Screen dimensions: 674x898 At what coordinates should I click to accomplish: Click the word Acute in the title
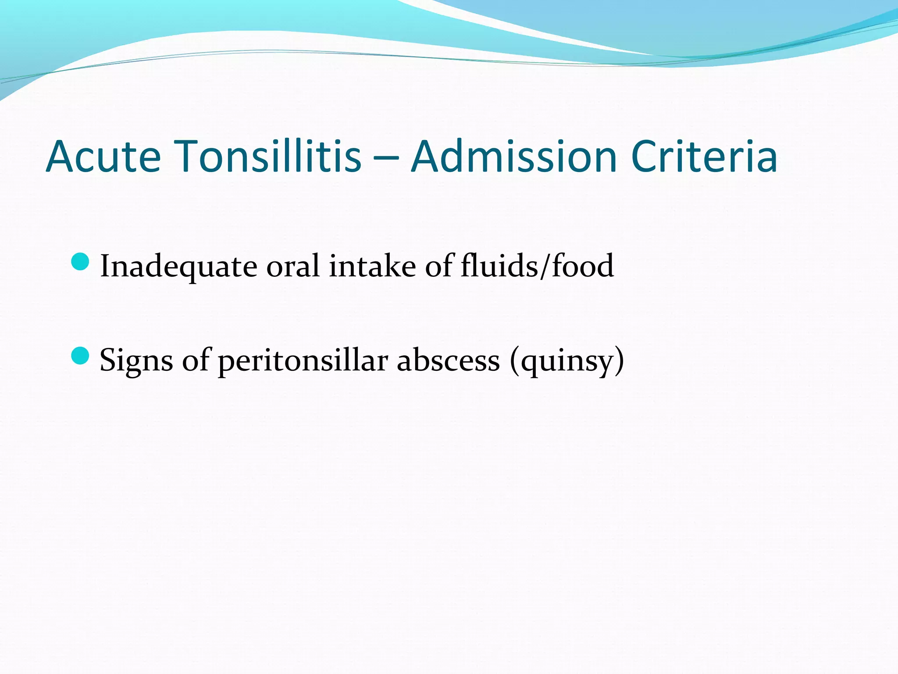tap(103, 157)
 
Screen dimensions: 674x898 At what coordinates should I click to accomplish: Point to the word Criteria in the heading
tap(704, 157)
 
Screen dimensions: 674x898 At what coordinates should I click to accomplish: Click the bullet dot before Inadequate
tap(80, 262)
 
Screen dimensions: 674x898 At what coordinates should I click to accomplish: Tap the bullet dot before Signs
tap(80, 356)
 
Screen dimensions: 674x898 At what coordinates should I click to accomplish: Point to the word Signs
tap(136, 360)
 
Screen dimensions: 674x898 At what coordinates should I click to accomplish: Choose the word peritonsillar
tap(303, 360)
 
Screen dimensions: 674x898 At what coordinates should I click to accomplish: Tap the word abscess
tap(448, 360)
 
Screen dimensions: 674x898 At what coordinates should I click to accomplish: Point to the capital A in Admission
tap(428, 157)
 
